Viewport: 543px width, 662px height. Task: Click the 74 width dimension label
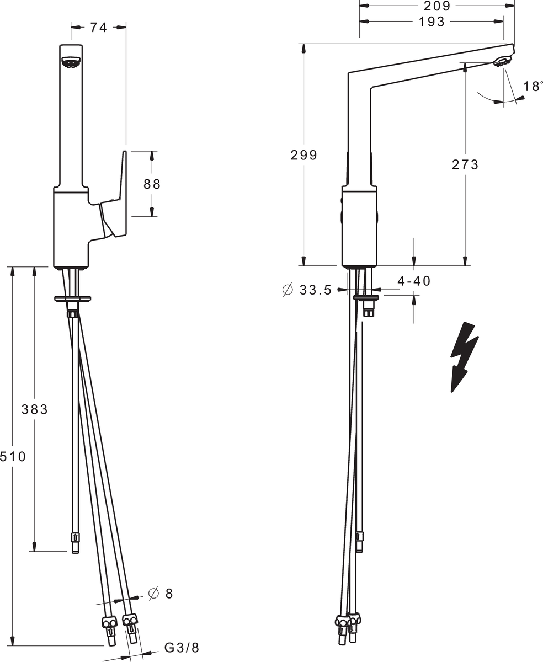click(99, 28)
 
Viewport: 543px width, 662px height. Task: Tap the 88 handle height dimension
click(152, 184)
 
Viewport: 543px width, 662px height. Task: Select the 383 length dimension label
click(35, 409)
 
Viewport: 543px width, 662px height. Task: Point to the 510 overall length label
click(13, 456)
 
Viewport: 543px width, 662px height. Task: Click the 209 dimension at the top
click(437, 6)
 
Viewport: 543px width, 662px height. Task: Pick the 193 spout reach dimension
click(432, 22)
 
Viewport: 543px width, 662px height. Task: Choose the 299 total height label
click(304, 155)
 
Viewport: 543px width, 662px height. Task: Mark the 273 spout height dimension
click(465, 164)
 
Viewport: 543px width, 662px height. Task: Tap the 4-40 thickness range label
click(414, 281)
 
